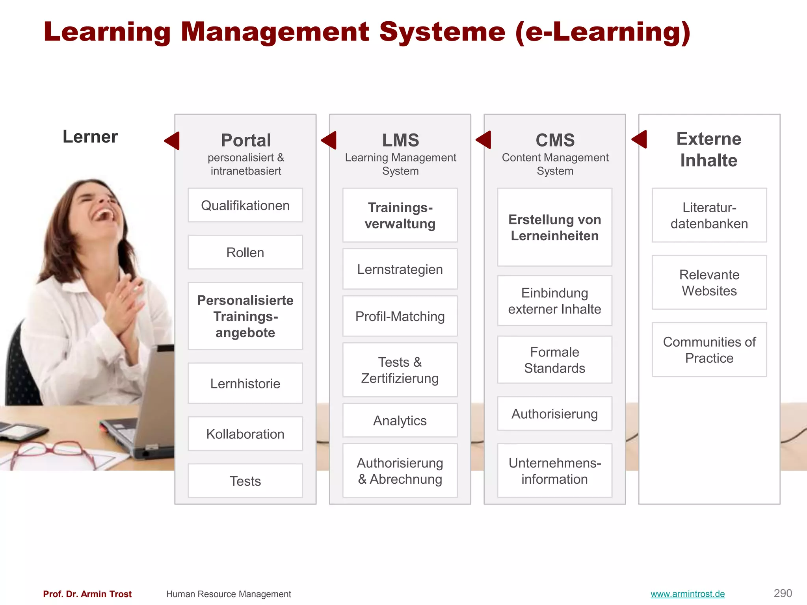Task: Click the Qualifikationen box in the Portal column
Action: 245,205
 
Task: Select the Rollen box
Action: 245,252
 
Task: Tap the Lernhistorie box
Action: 245,383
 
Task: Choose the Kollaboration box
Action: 245,434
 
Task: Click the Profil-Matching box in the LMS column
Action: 400,316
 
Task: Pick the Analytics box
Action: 400,420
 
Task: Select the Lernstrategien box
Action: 400,269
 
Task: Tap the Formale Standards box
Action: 554,360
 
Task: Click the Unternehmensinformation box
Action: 554,471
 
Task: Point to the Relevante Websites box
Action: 709,282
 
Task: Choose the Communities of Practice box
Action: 709,350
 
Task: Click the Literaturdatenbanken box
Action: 709,215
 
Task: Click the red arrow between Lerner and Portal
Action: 173,141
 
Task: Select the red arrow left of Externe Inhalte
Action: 640,139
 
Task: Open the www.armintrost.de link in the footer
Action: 688,594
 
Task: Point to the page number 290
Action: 783,593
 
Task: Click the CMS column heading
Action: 555,140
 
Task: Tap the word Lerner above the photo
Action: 90,137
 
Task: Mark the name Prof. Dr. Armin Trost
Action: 87,594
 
